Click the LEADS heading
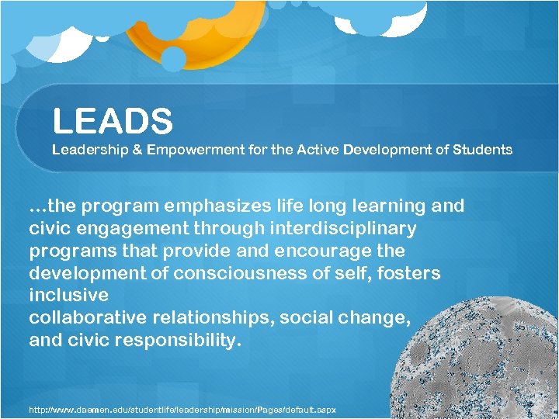pos(113,121)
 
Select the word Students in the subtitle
pos(482,149)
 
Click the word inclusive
pos(68,296)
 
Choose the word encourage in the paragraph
pos(314,251)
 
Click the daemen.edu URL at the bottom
pos(182,409)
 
